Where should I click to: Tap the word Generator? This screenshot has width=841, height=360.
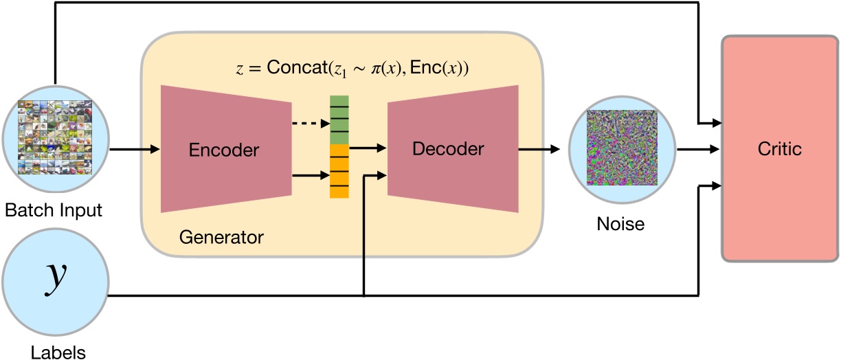click(221, 238)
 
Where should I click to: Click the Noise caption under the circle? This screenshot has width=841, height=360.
click(620, 223)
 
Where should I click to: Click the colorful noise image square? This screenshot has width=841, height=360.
click(621, 148)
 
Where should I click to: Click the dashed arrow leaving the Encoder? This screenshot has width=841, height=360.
click(310, 124)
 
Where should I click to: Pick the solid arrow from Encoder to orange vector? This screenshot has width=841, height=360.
click(310, 176)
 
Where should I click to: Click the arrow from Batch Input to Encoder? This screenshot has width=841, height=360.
click(133, 148)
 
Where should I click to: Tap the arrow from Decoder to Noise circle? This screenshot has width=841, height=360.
click(542, 148)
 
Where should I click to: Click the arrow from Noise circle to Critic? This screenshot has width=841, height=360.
click(698, 148)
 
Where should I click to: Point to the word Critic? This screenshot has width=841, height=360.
click(779, 148)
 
